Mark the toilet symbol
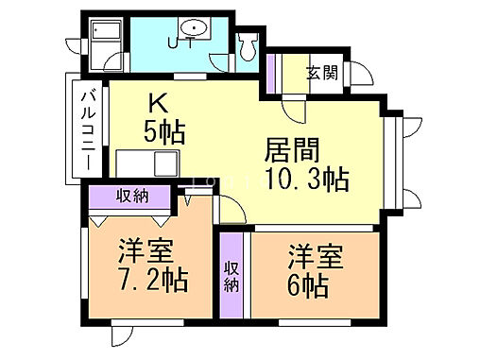click(248, 43)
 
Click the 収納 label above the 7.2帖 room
click(131, 196)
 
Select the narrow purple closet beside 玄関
click(271, 72)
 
